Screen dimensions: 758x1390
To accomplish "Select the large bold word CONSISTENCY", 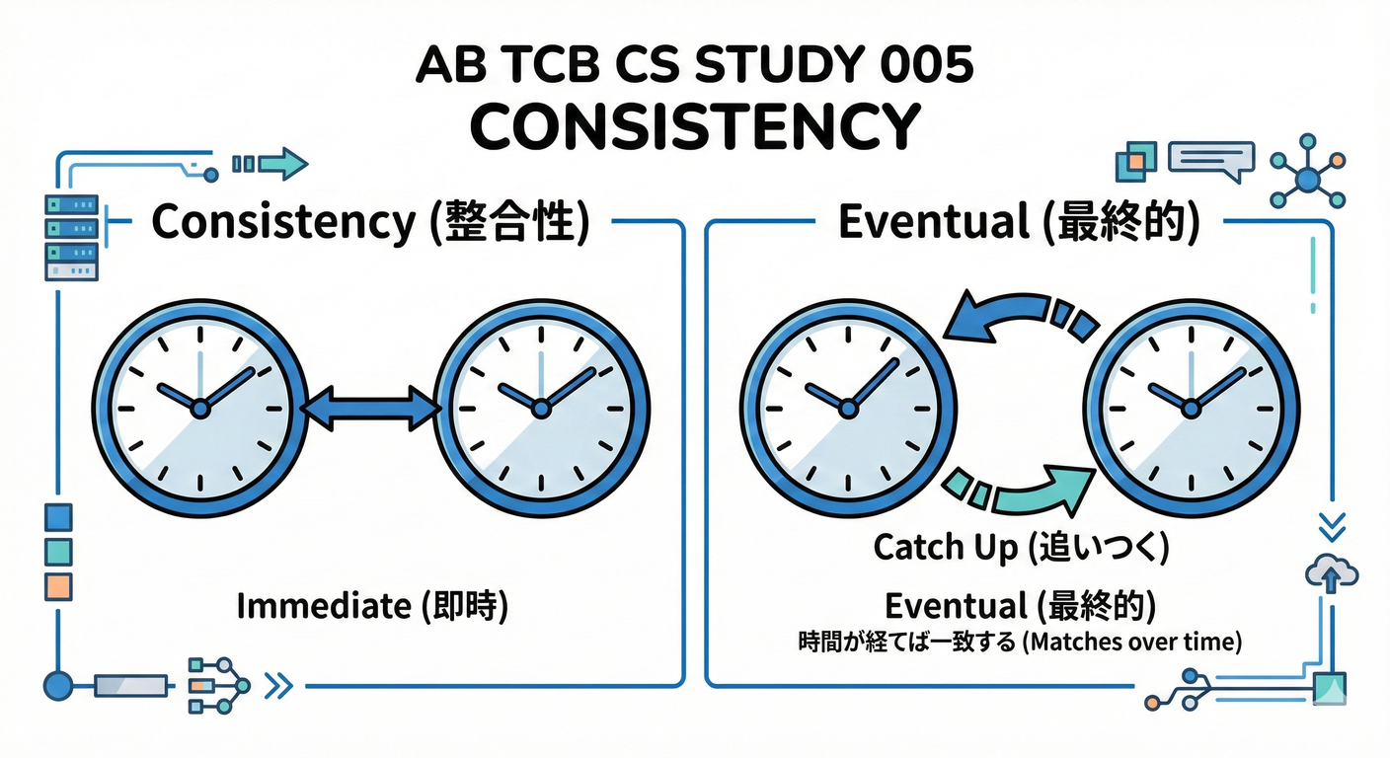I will pyautogui.click(x=694, y=126).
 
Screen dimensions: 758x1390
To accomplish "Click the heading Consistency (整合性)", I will pyautogui.click(x=371, y=222).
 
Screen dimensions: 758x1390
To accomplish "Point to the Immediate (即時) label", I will pyautogui.click(x=372, y=605).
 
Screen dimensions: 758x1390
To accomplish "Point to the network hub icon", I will pyautogui.click(x=1308, y=179).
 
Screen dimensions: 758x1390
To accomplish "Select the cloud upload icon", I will pyautogui.click(x=1332, y=573).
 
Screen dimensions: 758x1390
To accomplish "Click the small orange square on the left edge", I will pyautogui.click(x=59, y=585).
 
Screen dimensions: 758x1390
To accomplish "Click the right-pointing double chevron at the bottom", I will pyautogui.click(x=280, y=685).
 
